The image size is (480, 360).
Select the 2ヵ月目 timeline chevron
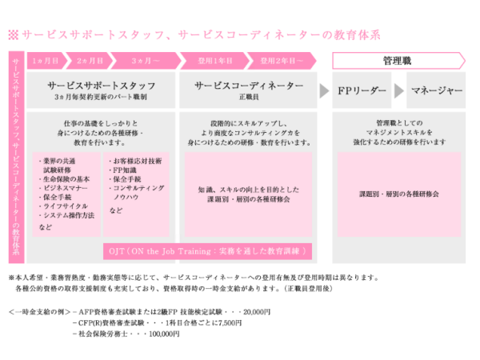[90, 60]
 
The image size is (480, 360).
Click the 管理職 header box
[397, 60]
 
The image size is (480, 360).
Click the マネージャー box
[436, 90]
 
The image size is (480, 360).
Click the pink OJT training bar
[209, 250]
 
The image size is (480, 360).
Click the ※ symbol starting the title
[13, 34]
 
